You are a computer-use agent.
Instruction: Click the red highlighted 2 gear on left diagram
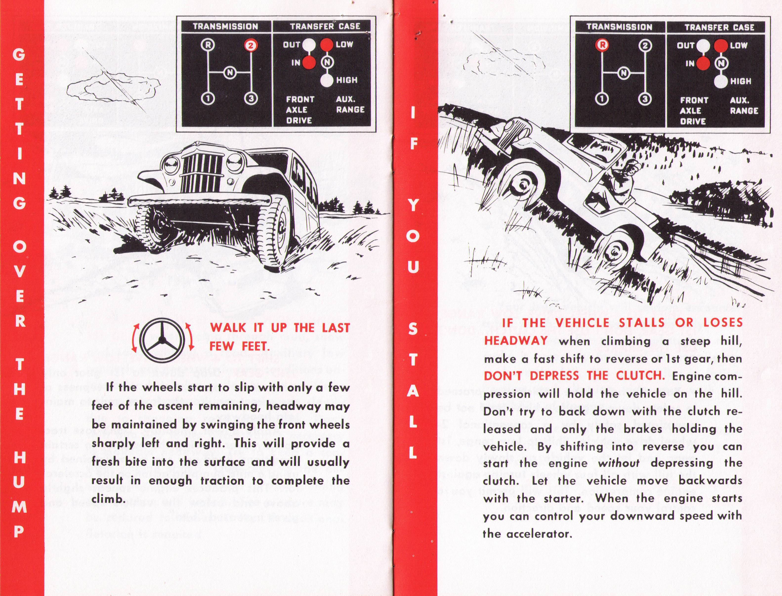click(x=251, y=45)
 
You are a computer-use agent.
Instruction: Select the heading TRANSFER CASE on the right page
click(x=719, y=27)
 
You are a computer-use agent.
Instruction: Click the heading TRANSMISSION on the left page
click(x=225, y=26)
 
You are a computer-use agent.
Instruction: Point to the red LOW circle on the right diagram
click(x=721, y=46)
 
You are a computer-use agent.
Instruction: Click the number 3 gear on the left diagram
click(x=251, y=98)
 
